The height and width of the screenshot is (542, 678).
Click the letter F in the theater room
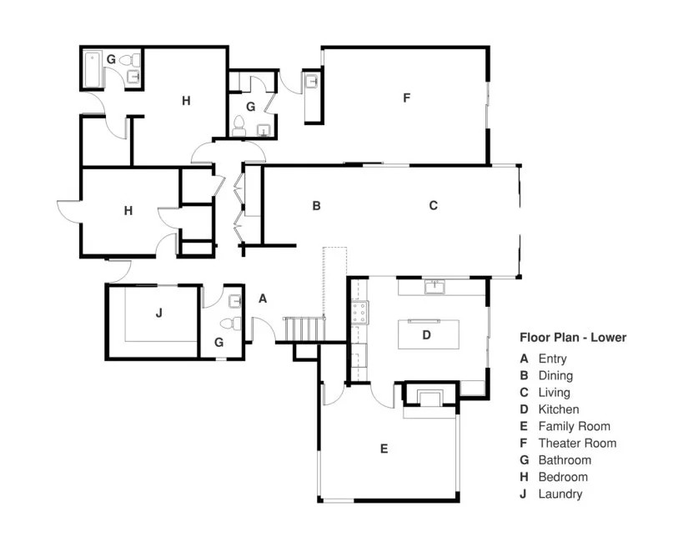click(406, 98)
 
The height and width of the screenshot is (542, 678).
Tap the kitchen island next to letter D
click(429, 334)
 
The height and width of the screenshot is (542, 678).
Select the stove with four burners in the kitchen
click(360, 313)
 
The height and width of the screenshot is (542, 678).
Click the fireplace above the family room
click(431, 399)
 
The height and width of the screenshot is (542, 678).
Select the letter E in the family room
click(384, 449)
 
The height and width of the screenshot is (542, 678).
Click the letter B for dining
click(316, 205)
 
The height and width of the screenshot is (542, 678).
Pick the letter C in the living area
click(433, 205)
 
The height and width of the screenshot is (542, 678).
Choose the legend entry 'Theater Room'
click(577, 443)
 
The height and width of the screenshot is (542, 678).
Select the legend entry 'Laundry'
click(560, 494)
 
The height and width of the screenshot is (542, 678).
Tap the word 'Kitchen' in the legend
click(559, 409)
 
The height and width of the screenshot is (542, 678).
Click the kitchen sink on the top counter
click(434, 287)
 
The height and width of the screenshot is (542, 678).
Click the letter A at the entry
click(263, 298)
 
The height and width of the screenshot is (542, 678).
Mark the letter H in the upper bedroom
click(186, 101)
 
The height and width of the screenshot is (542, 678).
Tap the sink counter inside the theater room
click(312, 93)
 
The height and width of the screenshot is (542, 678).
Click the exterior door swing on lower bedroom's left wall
click(67, 210)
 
